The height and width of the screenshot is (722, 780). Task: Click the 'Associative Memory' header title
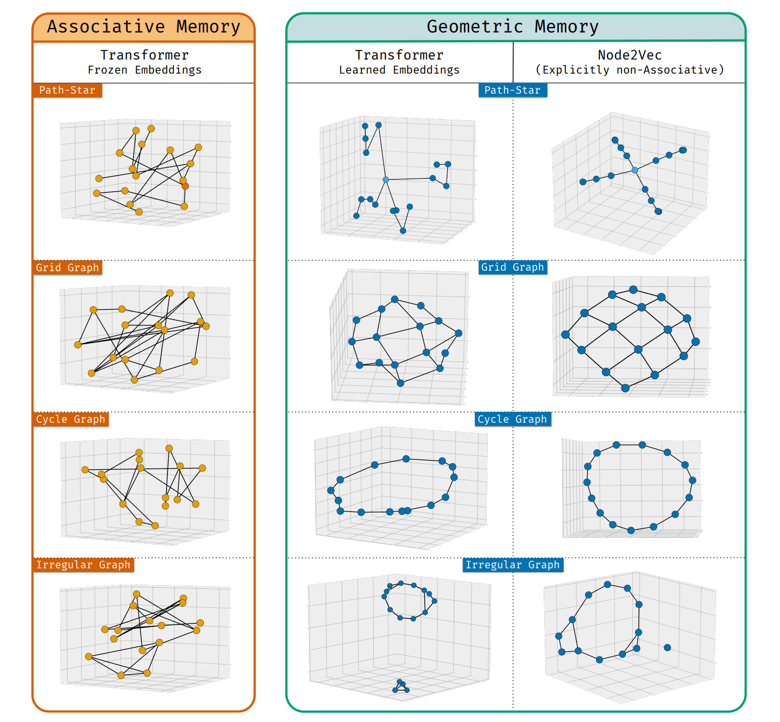(x=143, y=27)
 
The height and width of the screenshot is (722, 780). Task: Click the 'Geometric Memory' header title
(x=512, y=27)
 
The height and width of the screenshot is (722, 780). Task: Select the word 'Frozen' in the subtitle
(x=108, y=70)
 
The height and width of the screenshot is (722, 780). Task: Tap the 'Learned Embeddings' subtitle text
(x=399, y=70)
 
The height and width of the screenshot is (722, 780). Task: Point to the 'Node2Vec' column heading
(x=630, y=55)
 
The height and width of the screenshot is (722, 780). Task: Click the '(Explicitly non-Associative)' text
(x=630, y=70)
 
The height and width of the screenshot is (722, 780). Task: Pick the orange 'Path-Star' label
(x=67, y=90)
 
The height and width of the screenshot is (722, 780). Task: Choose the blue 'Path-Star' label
(x=512, y=90)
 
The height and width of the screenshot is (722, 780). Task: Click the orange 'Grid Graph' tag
(x=67, y=267)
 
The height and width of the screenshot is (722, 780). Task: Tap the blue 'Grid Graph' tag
(x=512, y=267)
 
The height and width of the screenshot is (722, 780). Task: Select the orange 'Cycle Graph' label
(x=70, y=419)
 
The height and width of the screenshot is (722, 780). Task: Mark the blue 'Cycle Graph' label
(x=512, y=419)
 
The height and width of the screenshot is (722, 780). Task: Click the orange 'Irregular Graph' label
(x=83, y=565)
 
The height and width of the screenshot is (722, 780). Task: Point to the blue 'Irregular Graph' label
(x=512, y=565)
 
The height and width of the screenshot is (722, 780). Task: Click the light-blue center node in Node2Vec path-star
(x=635, y=170)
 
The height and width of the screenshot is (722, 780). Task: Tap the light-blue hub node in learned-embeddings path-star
(x=386, y=180)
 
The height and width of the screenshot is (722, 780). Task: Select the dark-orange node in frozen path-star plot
(x=185, y=186)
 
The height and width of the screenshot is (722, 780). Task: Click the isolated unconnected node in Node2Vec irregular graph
(x=667, y=647)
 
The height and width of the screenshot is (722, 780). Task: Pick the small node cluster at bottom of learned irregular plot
(x=400, y=687)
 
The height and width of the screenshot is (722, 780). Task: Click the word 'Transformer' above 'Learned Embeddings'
(x=399, y=55)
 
